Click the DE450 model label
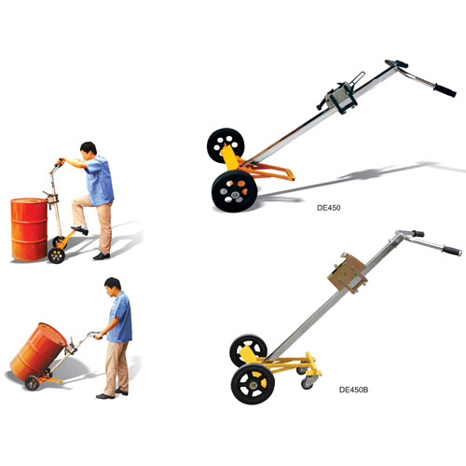(328, 208)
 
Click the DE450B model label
(353, 390)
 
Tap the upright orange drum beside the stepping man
(29, 229)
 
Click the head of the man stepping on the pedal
(89, 150)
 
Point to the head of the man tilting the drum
(112, 287)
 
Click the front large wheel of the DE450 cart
(235, 191)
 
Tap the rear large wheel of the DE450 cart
(226, 145)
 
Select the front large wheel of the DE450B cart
(253, 384)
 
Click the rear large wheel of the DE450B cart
(248, 350)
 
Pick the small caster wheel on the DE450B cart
(308, 383)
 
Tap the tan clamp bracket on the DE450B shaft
(348, 273)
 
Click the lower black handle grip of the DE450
(445, 90)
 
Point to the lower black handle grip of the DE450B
(452, 251)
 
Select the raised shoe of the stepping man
(80, 230)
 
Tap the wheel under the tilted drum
(33, 383)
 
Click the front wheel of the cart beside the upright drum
(56, 255)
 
